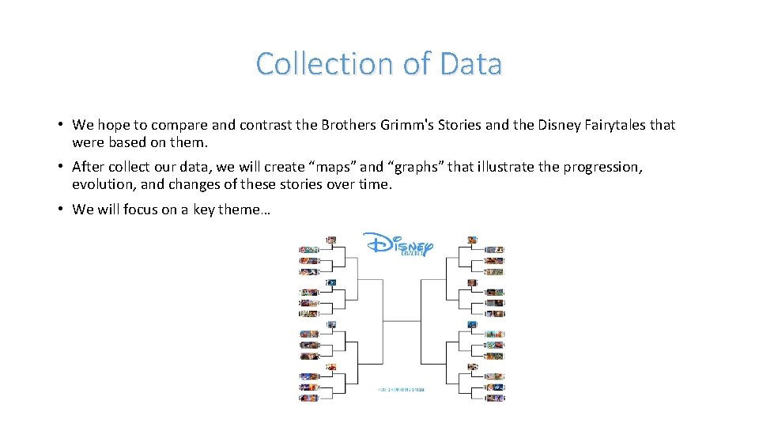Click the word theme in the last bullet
coord(246,210)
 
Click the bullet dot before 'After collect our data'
coord(60,167)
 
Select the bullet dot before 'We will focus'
coord(60,210)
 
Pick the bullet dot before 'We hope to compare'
coord(60,125)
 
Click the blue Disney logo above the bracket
coord(399,244)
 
